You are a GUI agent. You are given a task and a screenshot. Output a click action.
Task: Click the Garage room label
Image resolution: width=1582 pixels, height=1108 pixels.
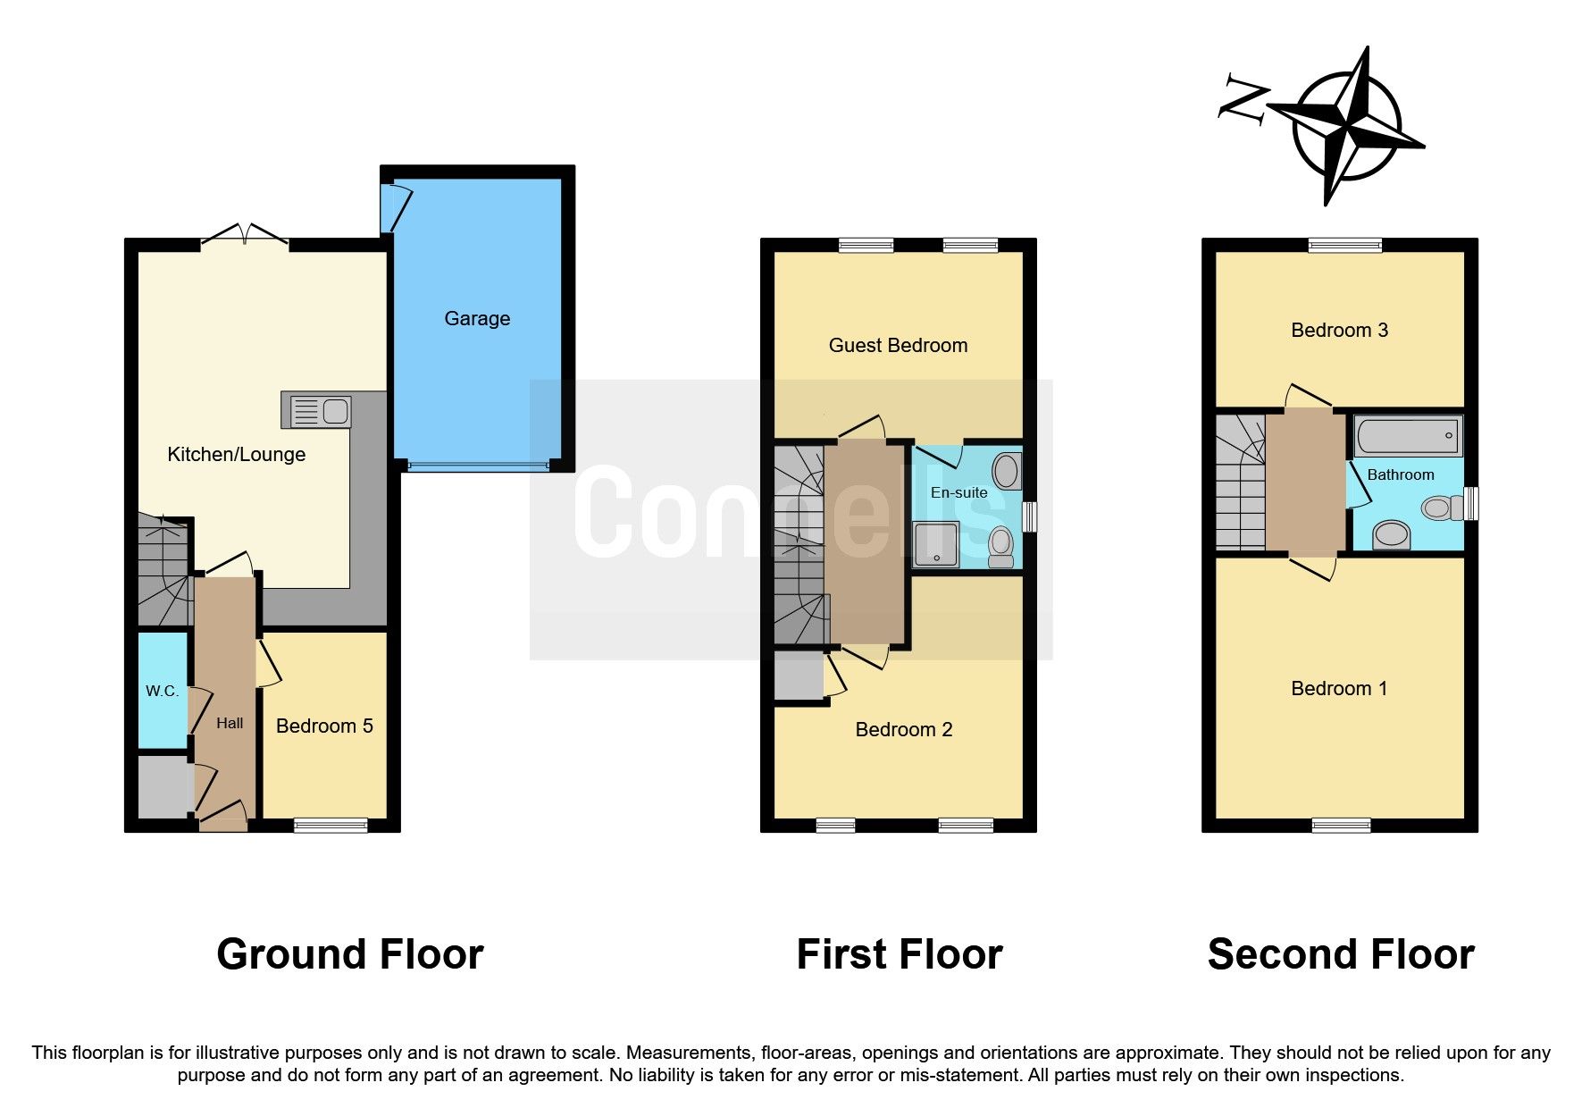tap(477, 319)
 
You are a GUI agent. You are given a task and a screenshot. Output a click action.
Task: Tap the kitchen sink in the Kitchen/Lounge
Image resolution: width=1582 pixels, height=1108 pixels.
tap(316, 411)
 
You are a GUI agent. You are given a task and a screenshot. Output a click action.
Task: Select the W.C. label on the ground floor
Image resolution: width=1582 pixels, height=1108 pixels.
tap(163, 691)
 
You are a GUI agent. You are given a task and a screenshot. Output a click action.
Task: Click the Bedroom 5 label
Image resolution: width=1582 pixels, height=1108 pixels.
tap(324, 726)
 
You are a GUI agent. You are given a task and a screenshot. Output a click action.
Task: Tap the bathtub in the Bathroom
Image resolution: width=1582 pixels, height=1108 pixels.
tap(1408, 437)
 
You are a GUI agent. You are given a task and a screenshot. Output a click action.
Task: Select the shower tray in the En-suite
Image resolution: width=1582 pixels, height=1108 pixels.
tap(934, 545)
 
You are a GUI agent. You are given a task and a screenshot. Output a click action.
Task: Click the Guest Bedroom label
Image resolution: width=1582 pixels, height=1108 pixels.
tap(898, 346)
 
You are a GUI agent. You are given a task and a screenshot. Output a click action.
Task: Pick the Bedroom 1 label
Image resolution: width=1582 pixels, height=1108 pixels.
tap(1339, 688)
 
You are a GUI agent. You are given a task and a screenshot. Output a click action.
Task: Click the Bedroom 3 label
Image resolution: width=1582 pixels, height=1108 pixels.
tap(1339, 331)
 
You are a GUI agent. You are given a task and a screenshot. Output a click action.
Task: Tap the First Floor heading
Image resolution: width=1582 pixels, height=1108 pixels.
tap(899, 954)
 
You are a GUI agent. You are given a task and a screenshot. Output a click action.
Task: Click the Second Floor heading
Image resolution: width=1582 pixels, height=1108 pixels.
tap(1340, 954)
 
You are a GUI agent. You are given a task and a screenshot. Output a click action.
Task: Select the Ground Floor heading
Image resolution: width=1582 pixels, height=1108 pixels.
tap(349, 954)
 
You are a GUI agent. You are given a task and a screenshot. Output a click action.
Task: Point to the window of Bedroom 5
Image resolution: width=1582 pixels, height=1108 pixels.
tap(331, 826)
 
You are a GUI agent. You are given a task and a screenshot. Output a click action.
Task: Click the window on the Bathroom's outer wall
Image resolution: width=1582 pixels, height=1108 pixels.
tap(1471, 503)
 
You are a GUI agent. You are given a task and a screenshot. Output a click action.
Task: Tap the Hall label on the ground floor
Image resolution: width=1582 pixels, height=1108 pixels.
tap(230, 723)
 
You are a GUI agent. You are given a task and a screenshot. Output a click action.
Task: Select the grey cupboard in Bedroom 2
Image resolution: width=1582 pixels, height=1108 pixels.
tap(798, 676)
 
